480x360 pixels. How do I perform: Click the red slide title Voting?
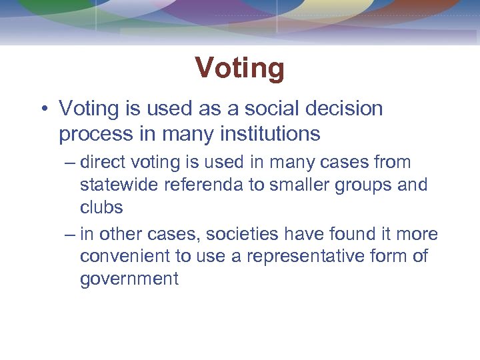[x=240, y=68]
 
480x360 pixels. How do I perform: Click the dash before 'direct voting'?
[x=70, y=163]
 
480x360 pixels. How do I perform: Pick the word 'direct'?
[x=103, y=162]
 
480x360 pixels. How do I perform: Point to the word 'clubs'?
[x=101, y=207]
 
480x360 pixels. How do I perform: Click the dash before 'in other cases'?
[x=70, y=235]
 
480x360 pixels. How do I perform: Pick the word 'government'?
[x=129, y=279]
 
